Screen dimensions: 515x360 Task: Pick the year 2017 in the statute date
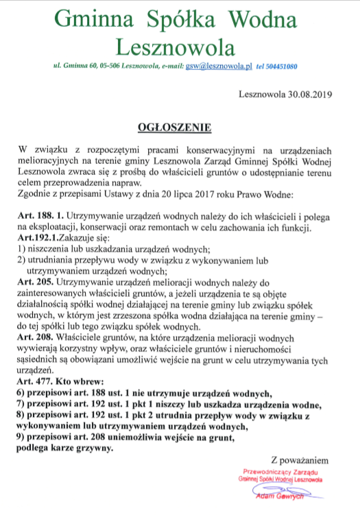(x=170, y=194)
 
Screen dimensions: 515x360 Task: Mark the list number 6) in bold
(x=19, y=392)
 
